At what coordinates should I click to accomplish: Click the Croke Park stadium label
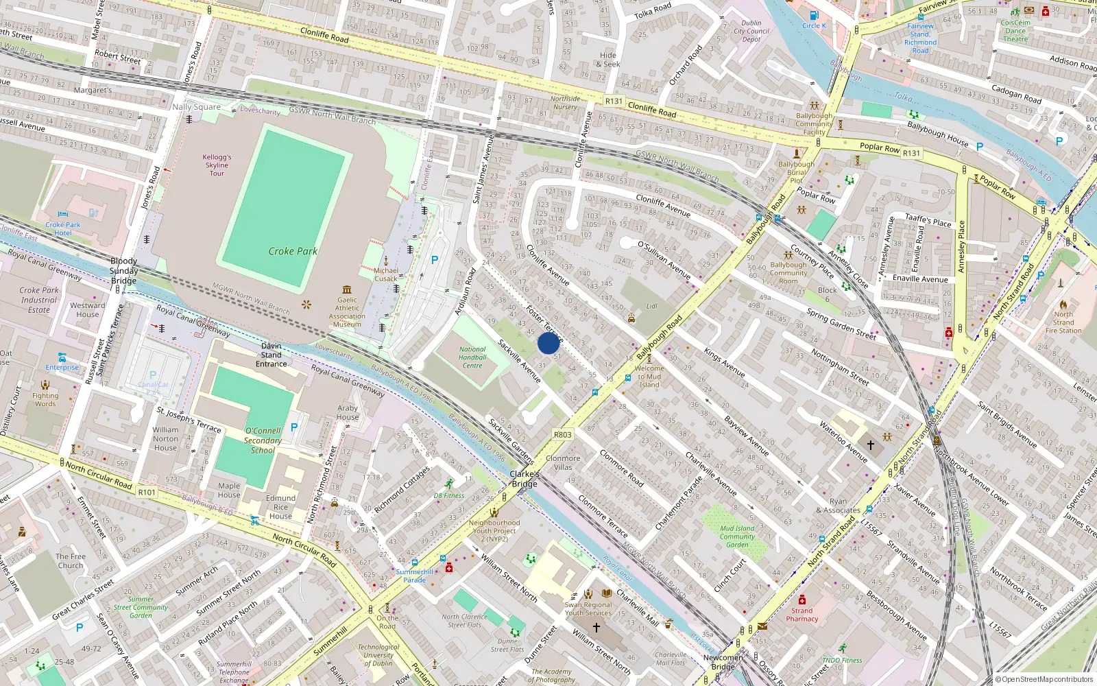293,251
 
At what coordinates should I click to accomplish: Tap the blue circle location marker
548,343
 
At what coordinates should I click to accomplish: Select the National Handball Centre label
472,357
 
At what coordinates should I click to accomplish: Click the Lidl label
651,306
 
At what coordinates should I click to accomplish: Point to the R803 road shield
563,434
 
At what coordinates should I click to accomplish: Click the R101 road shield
147,492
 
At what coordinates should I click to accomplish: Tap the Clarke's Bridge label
525,479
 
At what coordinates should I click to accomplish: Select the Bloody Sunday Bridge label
124,271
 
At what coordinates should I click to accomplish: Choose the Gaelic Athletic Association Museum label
347,312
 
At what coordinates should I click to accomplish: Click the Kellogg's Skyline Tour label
217,165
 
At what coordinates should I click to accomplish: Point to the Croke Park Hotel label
63,228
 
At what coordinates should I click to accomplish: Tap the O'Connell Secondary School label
263,440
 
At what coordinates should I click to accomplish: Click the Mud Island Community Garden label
737,536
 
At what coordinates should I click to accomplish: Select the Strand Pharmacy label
802,615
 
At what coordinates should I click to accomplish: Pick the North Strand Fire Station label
1063,322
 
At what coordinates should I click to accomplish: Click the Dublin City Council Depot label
751,31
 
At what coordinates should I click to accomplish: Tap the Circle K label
815,25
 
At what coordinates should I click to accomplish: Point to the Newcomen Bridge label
723,662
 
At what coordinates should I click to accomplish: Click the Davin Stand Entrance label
272,355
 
